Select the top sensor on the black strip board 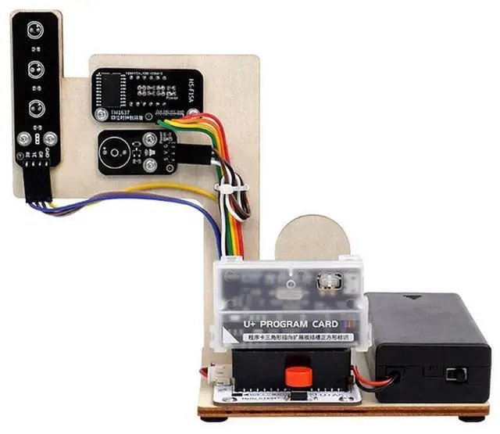coord(35,30)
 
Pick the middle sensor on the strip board coord(35,68)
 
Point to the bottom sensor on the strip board coord(35,108)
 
